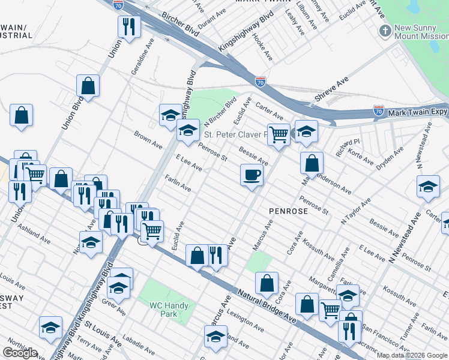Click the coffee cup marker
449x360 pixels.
click(252, 175)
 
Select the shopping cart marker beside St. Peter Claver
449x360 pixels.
click(279, 135)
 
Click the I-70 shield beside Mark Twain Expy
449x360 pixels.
click(378, 110)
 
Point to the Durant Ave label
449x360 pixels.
click(206, 23)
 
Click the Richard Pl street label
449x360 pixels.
click(348, 147)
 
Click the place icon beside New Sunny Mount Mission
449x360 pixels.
click(384, 30)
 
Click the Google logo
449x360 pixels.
click(20, 353)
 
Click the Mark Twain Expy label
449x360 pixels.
click(418, 112)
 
